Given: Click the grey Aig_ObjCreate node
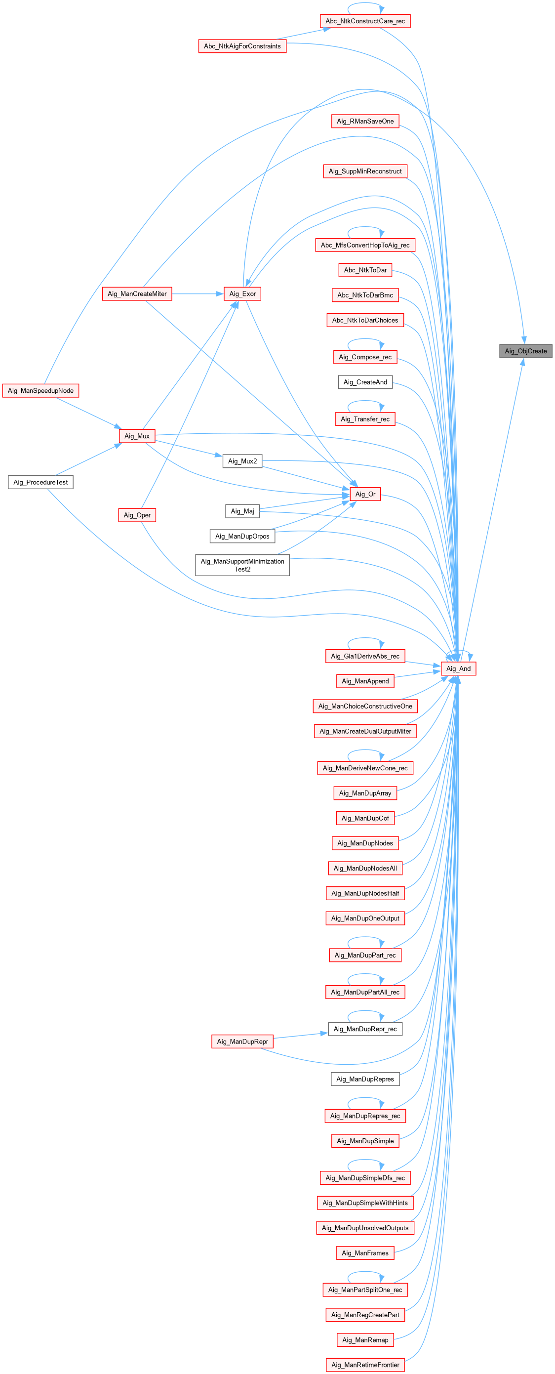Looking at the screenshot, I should pos(525,351).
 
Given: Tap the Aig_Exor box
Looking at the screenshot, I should pos(242,294).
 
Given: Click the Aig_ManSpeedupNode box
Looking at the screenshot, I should pos(40,390).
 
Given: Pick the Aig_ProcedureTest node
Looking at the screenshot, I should pos(40,482).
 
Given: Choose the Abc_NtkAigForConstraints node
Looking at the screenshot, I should pos(242,46).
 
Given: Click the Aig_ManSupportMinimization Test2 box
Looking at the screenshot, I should pos(242,565).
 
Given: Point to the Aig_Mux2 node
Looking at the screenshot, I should pos(242,461).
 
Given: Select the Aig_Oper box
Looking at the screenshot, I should pos(137,515).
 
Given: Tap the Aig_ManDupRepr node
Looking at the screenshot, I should pos(242,1041).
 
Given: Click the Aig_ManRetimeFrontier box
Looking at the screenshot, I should pos(365,1365).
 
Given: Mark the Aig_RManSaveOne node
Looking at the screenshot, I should pos(365,122).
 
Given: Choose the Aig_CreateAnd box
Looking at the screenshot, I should pos(365,382).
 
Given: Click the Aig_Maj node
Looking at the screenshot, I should pos(242,511).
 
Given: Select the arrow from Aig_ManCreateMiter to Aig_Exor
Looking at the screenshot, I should pos(198,294).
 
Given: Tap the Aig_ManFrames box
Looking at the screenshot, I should pos(365,1253).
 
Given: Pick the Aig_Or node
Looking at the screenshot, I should pos(365,494).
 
